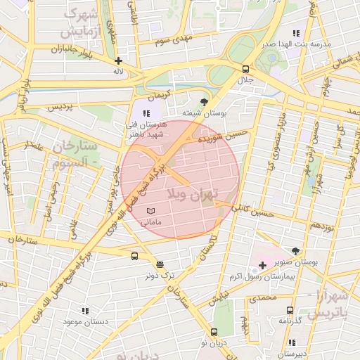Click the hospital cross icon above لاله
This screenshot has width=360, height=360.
[x=118, y=61]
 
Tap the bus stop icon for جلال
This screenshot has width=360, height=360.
[x=245, y=69]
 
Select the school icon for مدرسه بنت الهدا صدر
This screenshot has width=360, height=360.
[x=296, y=32]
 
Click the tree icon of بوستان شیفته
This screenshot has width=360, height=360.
[x=205, y=102]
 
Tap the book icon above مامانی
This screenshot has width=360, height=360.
[x=151, y=211]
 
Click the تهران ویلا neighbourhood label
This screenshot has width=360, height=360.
[x=195, y=193]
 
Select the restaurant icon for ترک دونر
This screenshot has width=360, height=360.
[x=160, y=265]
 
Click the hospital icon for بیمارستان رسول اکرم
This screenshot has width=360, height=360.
[x=262, y=265]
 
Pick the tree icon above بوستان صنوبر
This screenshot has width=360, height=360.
[x=295, y=250]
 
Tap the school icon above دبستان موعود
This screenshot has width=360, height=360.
[x=86, y=310]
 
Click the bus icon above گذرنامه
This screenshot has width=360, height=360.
[x=290, y=310]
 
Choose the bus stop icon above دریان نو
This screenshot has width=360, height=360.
[x=214, y=332]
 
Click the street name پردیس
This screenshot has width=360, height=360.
[x=60, y=107]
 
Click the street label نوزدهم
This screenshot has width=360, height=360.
[x=320, y=226]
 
